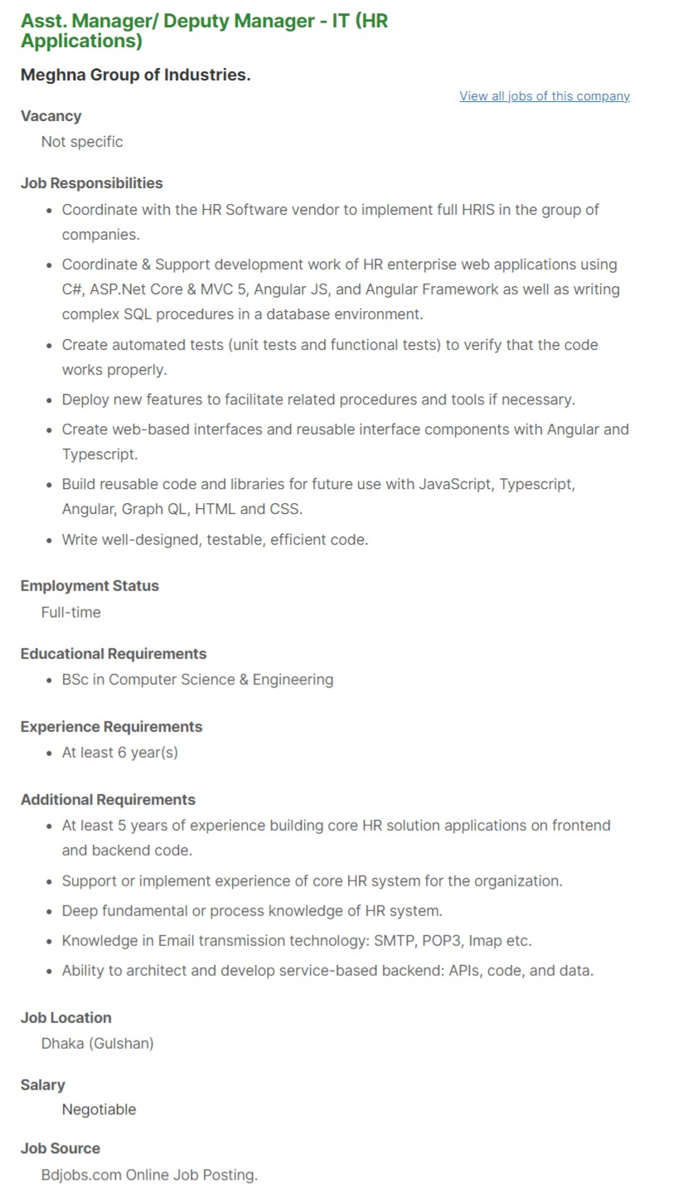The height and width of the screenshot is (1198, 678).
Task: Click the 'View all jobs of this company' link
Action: point(545,96)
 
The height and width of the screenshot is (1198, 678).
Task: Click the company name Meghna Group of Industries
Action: point(135,75)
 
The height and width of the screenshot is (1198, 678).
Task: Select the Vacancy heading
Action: point(51,116)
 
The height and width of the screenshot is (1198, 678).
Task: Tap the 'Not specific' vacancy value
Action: point(82,142)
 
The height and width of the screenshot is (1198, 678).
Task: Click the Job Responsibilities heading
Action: point(91,183)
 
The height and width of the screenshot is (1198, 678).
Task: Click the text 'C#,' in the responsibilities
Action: point(73,289)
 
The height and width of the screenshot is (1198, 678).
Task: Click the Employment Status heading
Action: point(90,586)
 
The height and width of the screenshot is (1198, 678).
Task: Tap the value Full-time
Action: point(71,613)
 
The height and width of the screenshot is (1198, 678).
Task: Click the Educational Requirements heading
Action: point(114,654)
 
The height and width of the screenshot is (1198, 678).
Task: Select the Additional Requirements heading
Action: point(108,800)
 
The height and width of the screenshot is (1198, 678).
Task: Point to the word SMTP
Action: point(395,941)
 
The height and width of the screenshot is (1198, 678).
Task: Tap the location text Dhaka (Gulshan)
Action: point(98,1044)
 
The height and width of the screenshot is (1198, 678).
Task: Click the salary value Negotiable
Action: point(99,1110)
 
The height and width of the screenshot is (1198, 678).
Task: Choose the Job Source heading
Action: point(61,1149)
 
